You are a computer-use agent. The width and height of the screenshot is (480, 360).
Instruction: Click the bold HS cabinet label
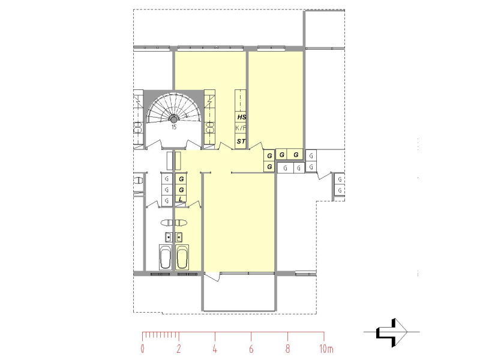(x=242, y=118)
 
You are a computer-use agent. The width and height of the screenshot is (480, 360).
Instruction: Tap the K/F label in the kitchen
(x=241, y=129)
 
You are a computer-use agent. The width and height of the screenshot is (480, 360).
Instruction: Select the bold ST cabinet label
(x=241, y=142)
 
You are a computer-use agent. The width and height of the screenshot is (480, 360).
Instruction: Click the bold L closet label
(x=181, y=200)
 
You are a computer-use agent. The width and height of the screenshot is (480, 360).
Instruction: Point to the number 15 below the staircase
(x=173, y=127)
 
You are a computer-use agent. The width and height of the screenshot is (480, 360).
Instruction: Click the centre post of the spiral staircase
(x=173, y=118)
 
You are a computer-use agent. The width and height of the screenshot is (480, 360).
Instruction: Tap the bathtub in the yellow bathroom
(x=182, y=257)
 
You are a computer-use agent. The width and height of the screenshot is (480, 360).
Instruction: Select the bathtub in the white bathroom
(x=166, y=257)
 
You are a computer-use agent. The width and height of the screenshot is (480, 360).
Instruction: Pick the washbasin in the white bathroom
(x=169, y=235)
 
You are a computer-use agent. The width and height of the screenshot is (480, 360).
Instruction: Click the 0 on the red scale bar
(x=143, y=348)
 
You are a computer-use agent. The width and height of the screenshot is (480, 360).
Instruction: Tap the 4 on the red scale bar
(x=215, y=348)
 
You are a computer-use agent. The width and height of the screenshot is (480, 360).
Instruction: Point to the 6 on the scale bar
(x=251, y=348)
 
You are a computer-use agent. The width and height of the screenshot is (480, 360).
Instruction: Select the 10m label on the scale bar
(x=326, y=348)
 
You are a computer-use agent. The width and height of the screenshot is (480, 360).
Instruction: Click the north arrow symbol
(x=391, y=332)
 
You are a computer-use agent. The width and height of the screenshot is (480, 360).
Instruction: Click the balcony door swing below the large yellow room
(x=212, y=278)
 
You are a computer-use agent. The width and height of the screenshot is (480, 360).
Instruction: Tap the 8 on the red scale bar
(x=288, y=348)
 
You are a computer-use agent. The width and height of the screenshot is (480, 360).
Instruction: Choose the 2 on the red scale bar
(x=179, y=348)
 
